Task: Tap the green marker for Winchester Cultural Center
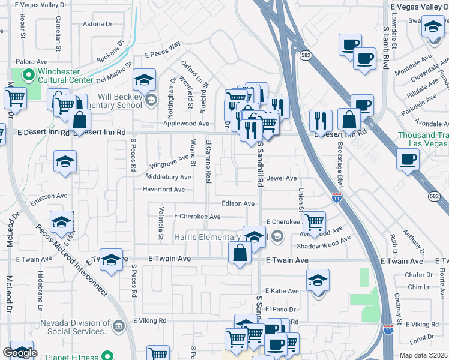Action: pos(27,76)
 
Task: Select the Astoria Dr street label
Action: pos(97,25)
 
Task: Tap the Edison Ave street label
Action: pos(238,203)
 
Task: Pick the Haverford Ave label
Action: pos(164,190)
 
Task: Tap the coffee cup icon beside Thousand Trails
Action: pos(408,160)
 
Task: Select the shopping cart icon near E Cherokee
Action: pos(314,223)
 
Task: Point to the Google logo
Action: pos(20,353)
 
